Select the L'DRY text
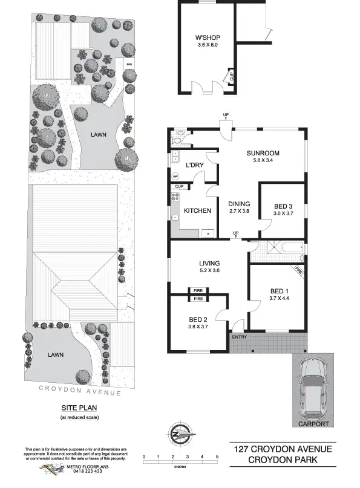click(x=194, y=165)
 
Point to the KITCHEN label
click(x=197, y=210)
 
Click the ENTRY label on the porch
click(x=238, y=337)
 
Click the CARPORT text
click(x=313, y=424)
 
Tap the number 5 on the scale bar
click(x=217, y=457)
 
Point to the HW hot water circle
click(x=176, y=177)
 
